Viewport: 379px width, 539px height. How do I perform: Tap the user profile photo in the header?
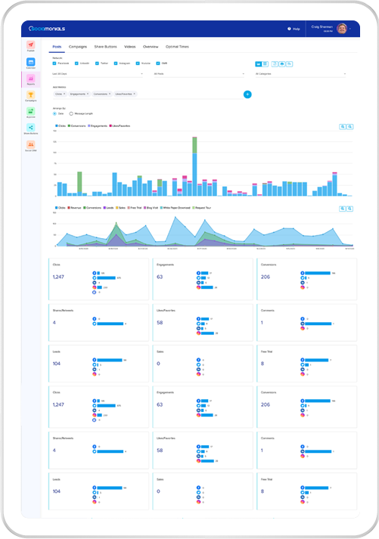pos(342,29)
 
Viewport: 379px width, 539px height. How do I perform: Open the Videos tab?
pos(130,47)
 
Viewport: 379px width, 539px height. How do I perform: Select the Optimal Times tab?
pos(179,47)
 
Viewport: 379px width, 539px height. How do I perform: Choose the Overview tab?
pos(151,47)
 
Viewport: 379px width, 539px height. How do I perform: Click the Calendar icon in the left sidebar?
pos(31,63)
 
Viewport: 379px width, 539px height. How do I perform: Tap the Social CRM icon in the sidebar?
pos(31,145)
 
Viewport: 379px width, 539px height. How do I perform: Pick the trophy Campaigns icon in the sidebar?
pos(31,97)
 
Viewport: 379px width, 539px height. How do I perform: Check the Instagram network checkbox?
pos(118,64)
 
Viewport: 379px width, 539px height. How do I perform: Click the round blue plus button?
pos(247,94)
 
